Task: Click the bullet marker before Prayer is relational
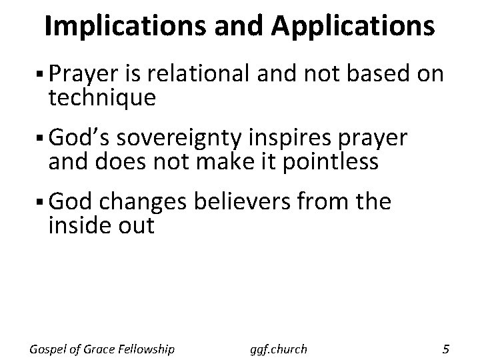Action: pyautogui.click(x=41, y=75)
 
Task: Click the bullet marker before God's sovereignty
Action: pyautogui.click(x=41, y=138)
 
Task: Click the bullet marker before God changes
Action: pyautogui.click(x=41, y=201)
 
